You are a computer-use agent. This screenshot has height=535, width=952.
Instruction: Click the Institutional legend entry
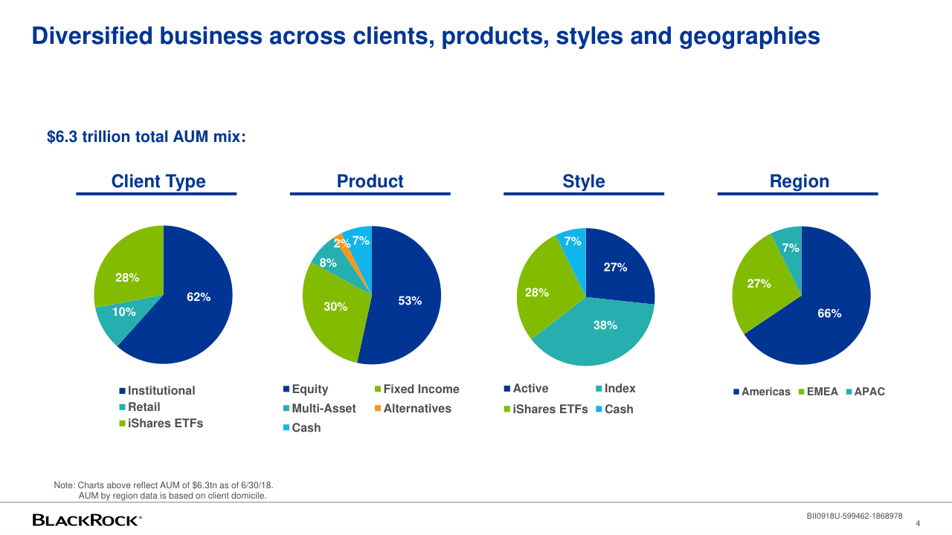tap(161, 391)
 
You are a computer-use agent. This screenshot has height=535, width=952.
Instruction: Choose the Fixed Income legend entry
tap(421, 389)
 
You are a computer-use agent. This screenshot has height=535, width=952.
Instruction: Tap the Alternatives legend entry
tap(416, 409)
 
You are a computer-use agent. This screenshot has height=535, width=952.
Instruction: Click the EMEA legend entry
tap(822, 392)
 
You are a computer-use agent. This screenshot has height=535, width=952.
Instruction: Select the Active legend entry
tap(530, 389)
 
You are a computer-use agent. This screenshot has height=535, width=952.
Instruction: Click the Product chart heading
tap(370, 181)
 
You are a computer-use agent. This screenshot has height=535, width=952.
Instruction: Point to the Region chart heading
tap(799, 181)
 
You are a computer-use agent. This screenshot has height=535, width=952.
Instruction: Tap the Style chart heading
tap(584, 181)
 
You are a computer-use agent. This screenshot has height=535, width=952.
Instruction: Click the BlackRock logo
tap(87, 520)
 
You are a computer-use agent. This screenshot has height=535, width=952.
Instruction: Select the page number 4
tap(918, 523)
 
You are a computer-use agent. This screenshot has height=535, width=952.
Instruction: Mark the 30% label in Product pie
tap(335, 306)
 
